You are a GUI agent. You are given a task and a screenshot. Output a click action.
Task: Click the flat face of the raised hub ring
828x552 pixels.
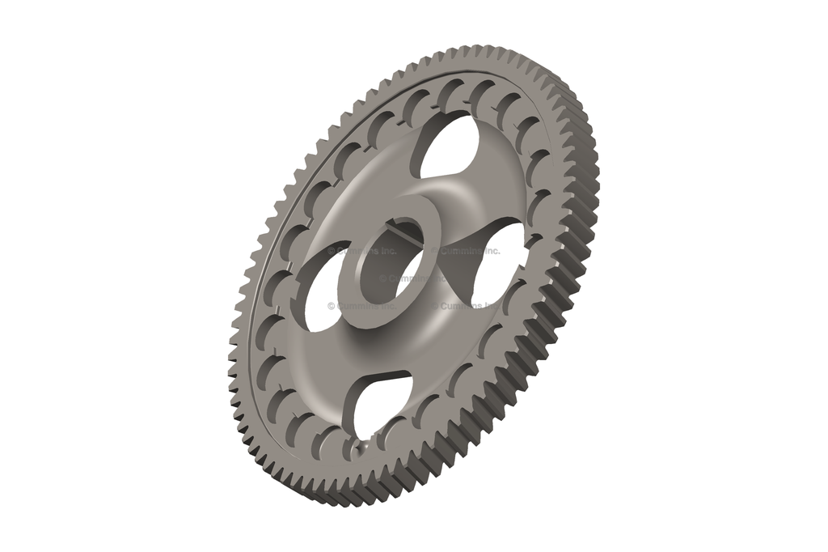(381, 312)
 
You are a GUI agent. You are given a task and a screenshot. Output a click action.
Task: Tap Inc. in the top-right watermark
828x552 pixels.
(490, 251)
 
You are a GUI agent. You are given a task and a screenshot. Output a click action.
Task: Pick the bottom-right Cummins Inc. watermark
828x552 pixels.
(466, 306)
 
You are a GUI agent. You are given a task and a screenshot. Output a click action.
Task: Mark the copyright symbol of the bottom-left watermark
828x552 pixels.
(332, 306)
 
